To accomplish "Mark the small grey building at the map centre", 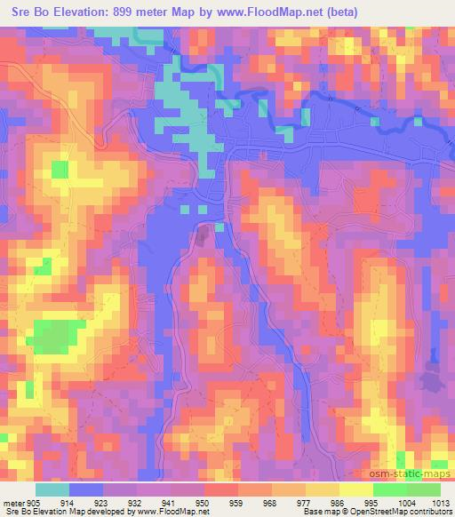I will (x=204, y=236).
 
